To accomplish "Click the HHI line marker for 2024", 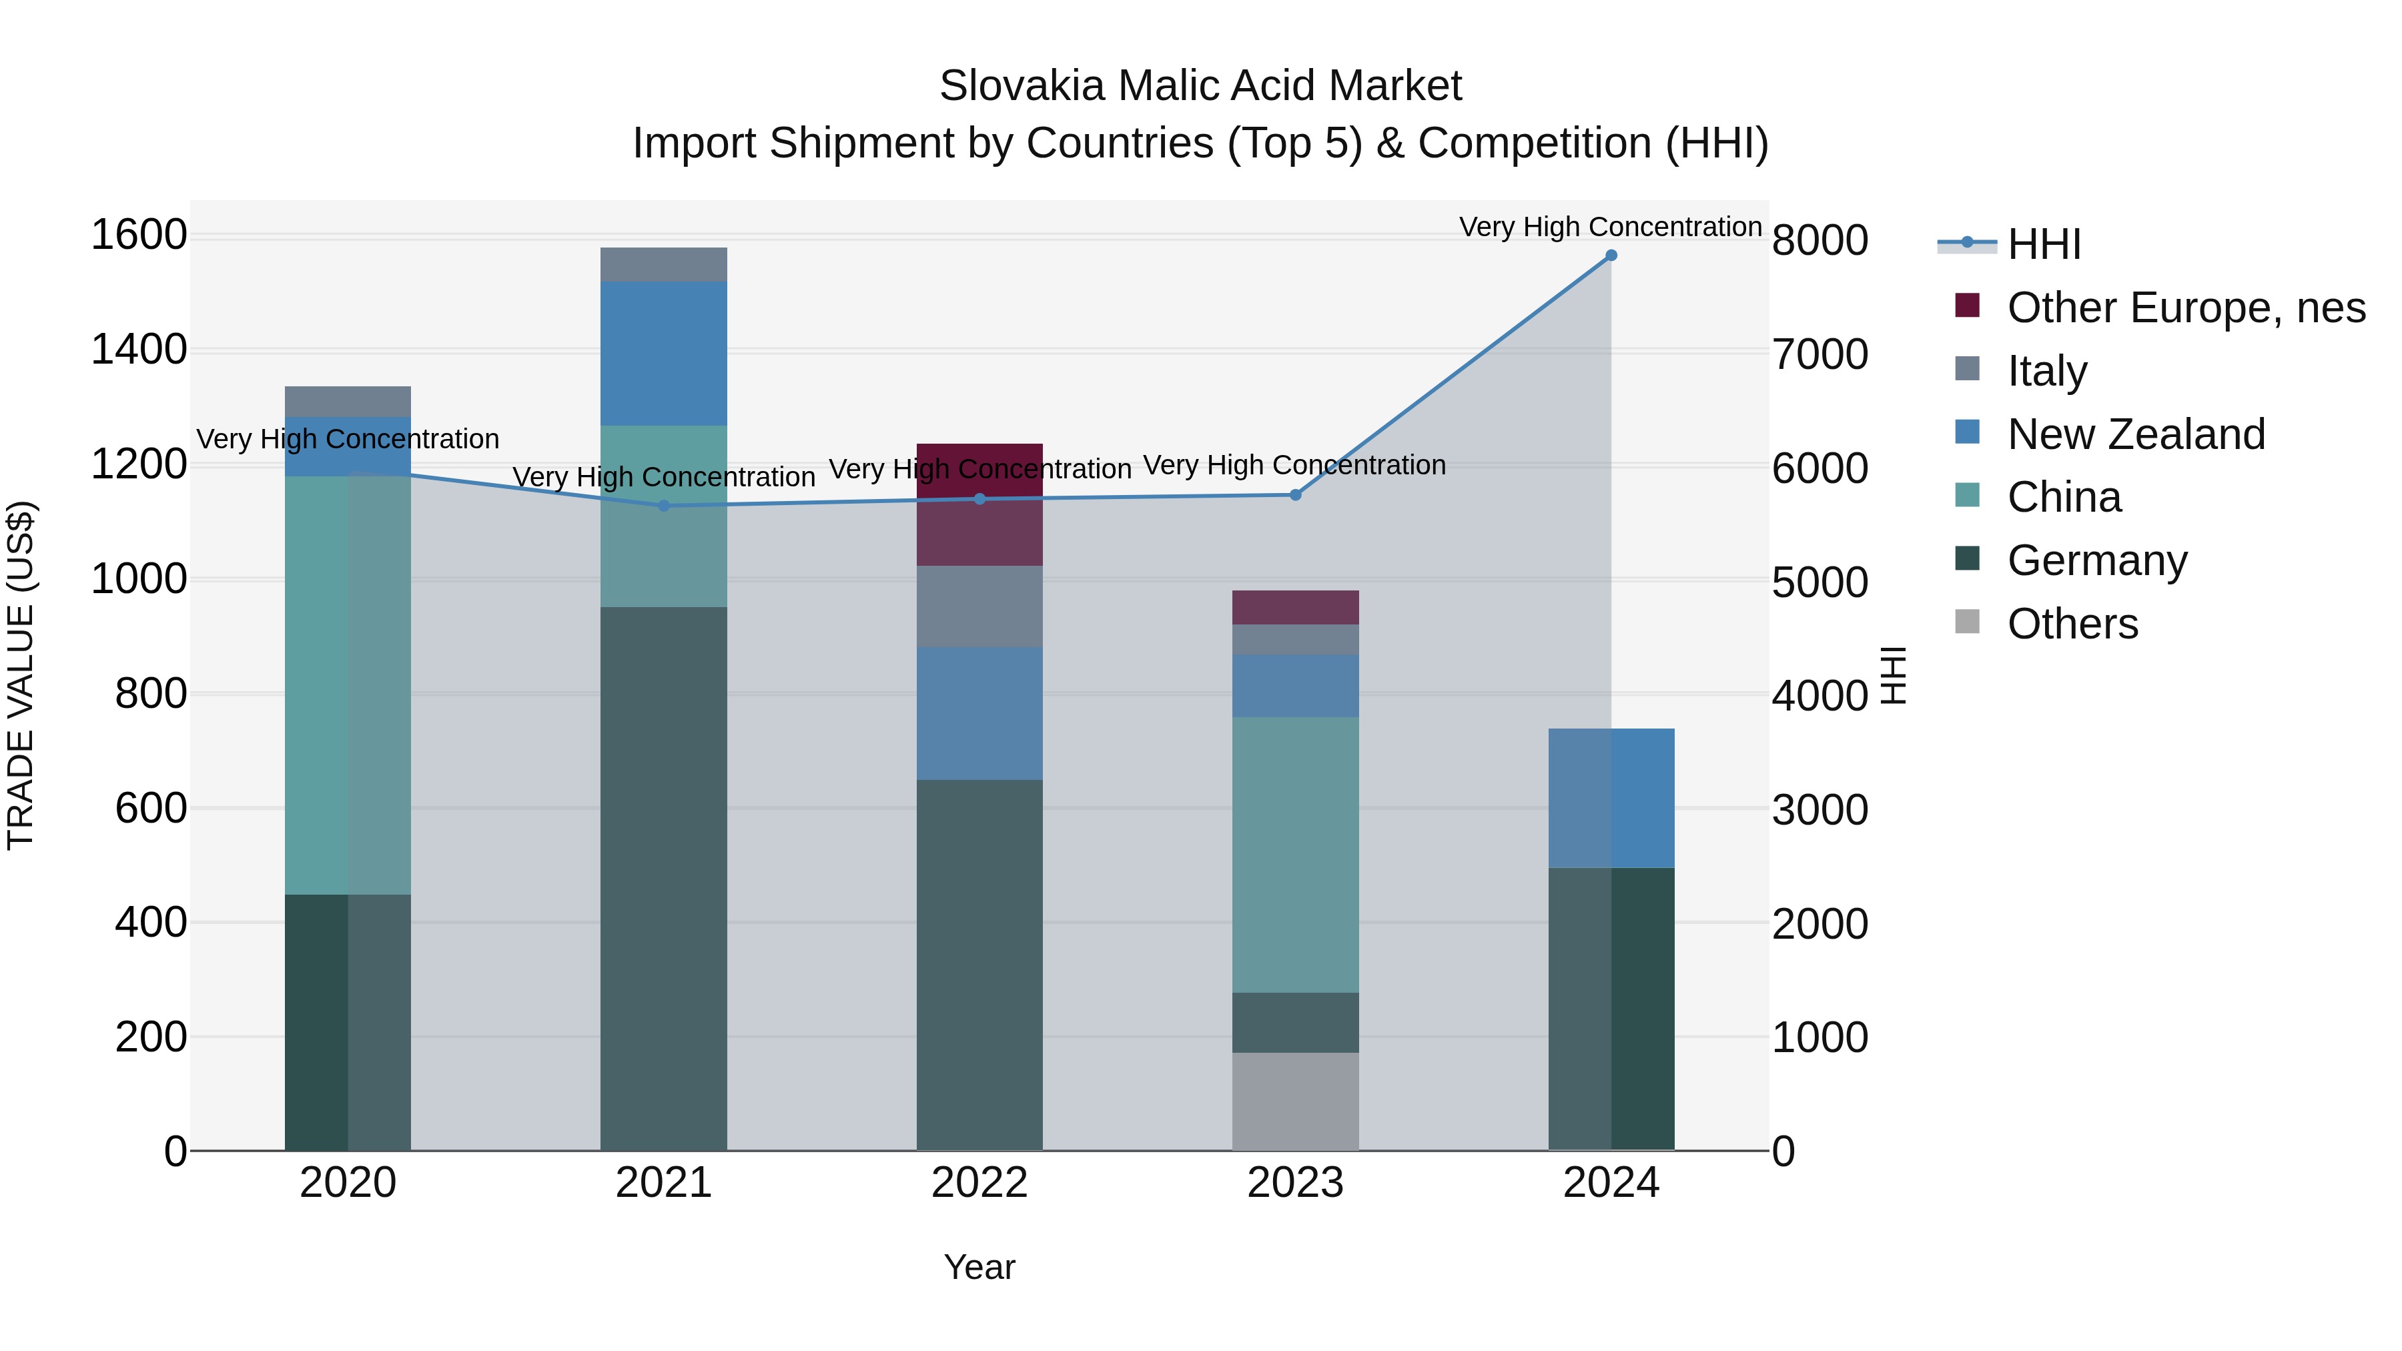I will point(1611,256).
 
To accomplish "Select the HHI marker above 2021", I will point(664,506).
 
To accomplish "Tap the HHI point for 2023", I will point(1295,495).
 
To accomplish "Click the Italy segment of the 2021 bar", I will point(664,265).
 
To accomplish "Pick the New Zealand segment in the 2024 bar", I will point(1611,798).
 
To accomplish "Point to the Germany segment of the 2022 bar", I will point(979,965).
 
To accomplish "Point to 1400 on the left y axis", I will point(139,350).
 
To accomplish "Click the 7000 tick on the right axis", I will point(1820,355).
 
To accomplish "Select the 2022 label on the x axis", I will point(979,1183).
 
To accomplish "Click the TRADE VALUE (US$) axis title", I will point(21,675).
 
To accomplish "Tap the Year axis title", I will point(979,1267).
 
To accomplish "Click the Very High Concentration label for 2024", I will point(1611,227).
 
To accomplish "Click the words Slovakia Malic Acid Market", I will point(1200,86).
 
